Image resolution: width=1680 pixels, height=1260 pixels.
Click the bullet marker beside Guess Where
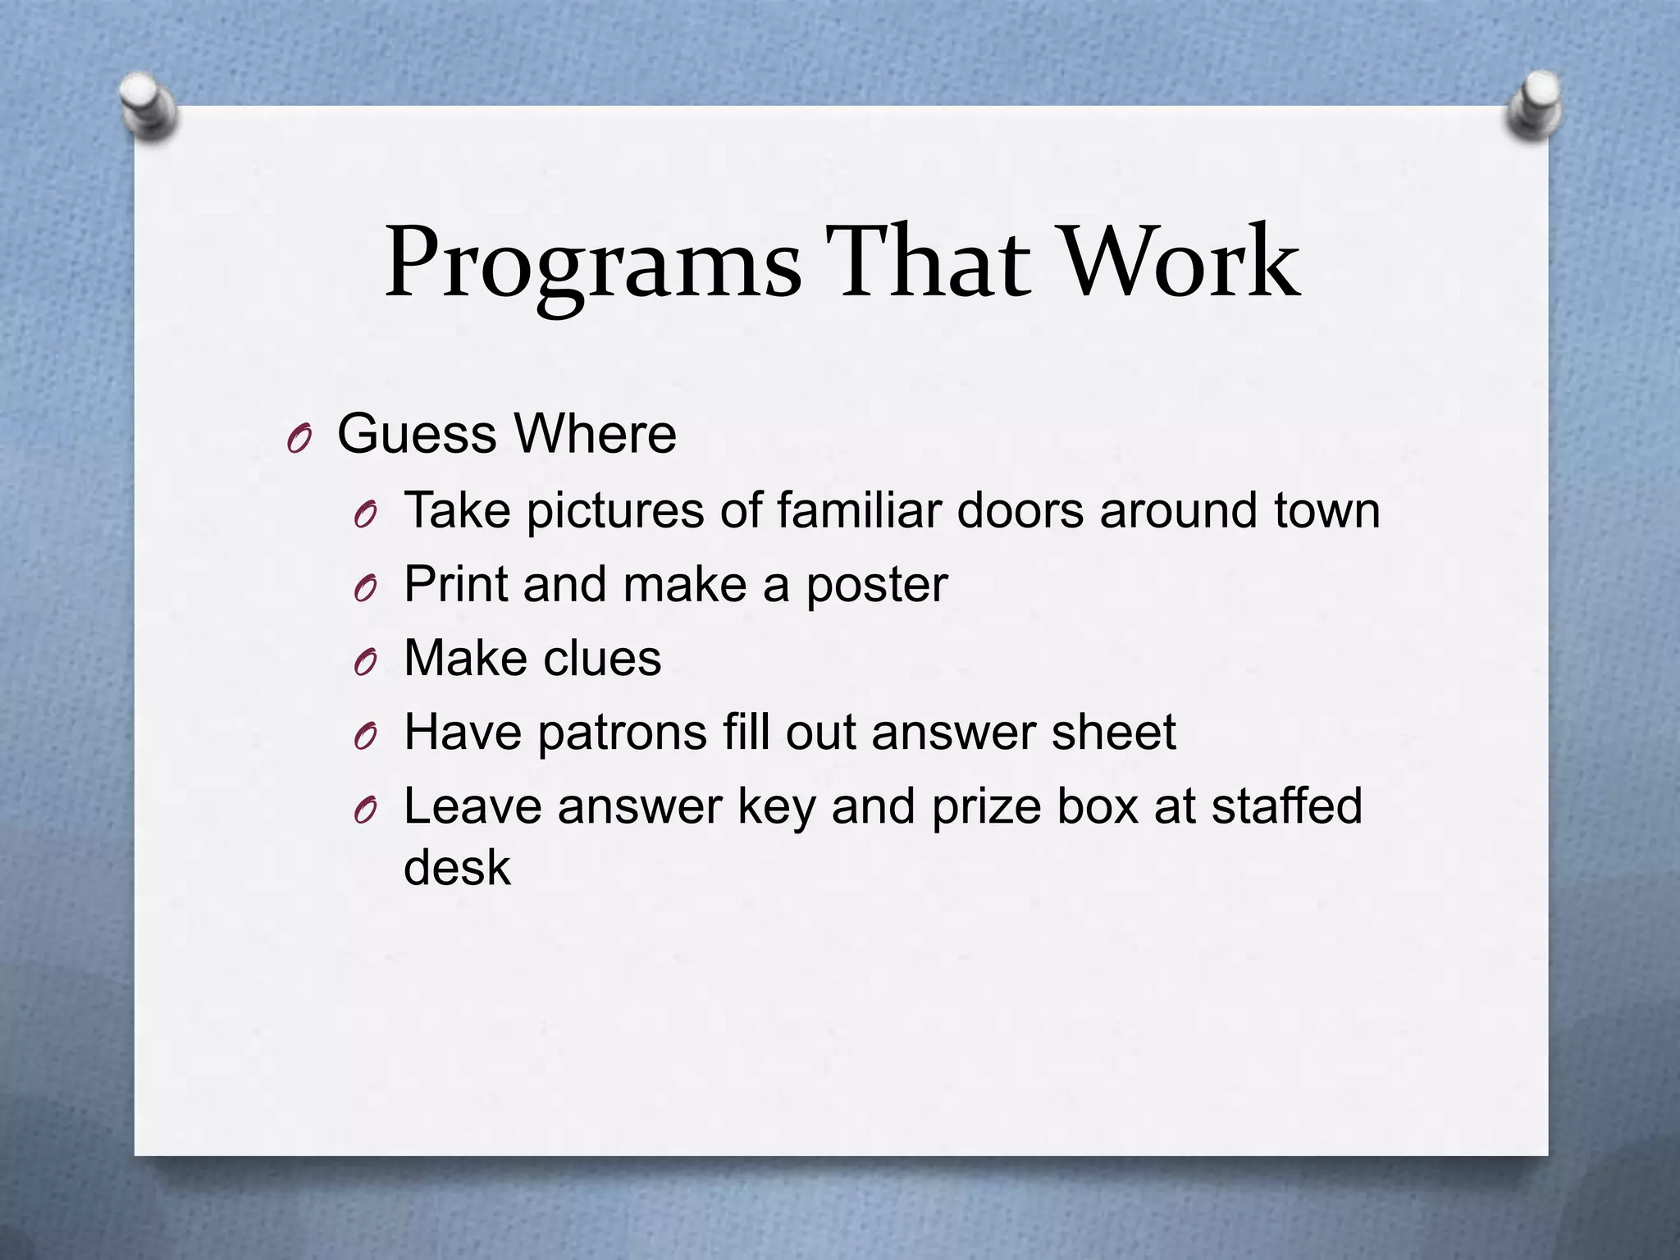(x=299, y=440)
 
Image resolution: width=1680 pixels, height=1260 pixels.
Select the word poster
(x=877, y=586)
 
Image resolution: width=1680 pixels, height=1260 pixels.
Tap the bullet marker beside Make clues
(x=365, y=663)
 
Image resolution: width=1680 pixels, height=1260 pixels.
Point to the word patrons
(x=623, y=733)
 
